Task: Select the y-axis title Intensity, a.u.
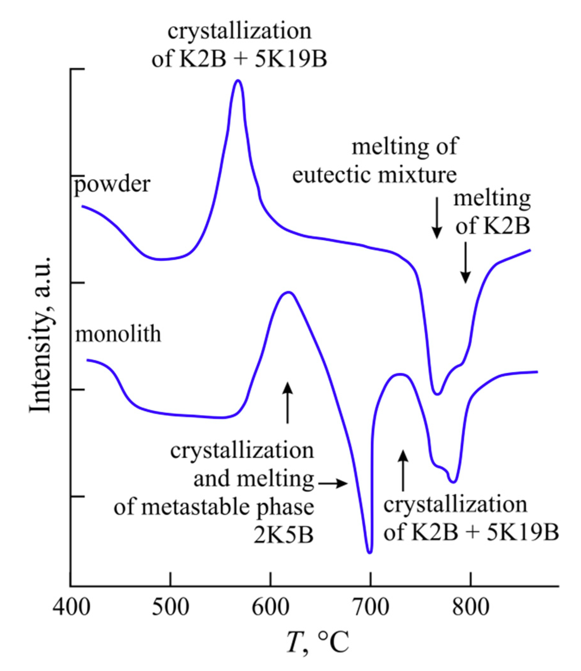pos(41,335)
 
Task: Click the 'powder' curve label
pos(112,185)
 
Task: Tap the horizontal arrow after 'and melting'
pos(333,484)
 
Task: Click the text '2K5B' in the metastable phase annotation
pos(283,536)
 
